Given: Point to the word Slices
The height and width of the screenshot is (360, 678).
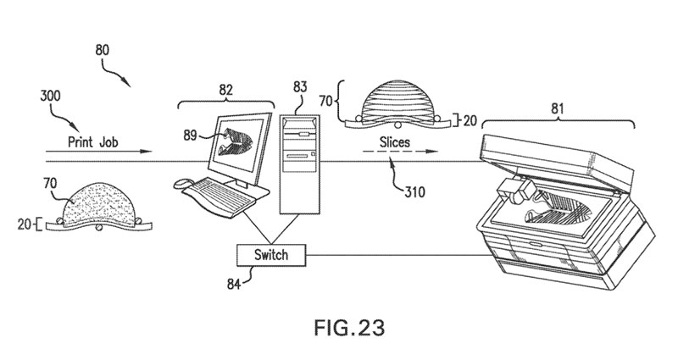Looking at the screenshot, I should (393, 143).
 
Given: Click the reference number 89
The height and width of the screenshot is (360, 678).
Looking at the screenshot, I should (189, 132).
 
